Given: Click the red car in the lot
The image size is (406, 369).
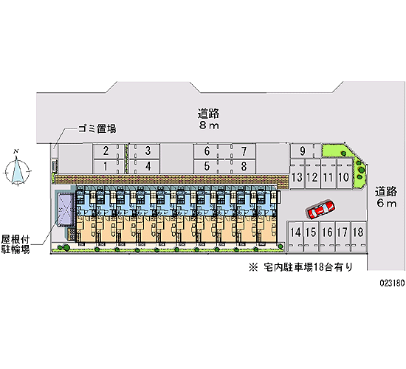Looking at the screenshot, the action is (320, 209).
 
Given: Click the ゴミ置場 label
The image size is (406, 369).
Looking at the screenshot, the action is (97, 128).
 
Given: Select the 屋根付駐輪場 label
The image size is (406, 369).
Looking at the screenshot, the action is (16, 244).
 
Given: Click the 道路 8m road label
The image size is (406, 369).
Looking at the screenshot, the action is (209, 120).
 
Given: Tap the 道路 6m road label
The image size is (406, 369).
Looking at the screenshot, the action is (386, 197).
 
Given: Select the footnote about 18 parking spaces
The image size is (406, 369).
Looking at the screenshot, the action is (300, 267).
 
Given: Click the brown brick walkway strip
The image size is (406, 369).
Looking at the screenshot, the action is (172, 179).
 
